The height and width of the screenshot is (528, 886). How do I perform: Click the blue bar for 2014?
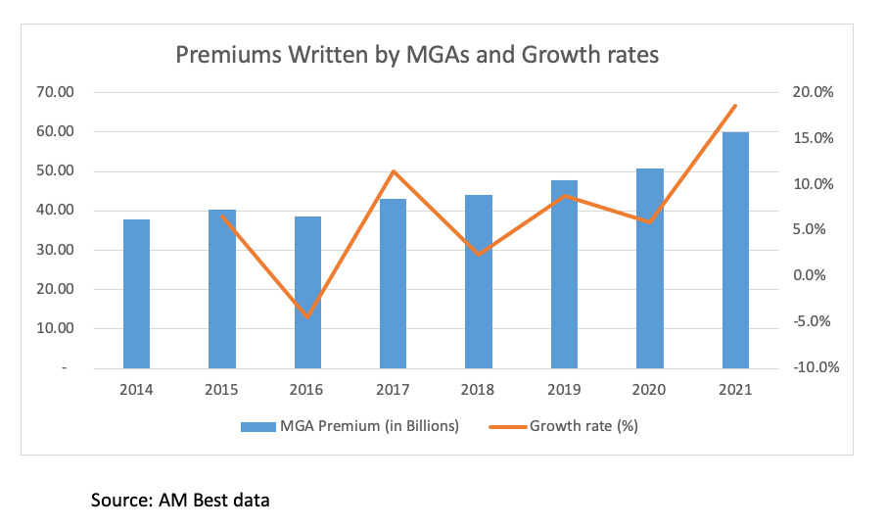136,294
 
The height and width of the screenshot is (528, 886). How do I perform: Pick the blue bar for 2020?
650,268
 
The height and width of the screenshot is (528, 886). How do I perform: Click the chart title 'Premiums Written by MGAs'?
417,54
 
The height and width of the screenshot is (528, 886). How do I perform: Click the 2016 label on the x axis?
307,390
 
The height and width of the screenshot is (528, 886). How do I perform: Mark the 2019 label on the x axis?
564,390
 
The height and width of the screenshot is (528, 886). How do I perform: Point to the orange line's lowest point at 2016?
307,316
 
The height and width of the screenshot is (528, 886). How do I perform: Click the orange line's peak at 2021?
735,106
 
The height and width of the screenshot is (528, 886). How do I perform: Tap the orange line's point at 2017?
393,171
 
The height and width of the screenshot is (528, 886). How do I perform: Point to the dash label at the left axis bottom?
65,368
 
